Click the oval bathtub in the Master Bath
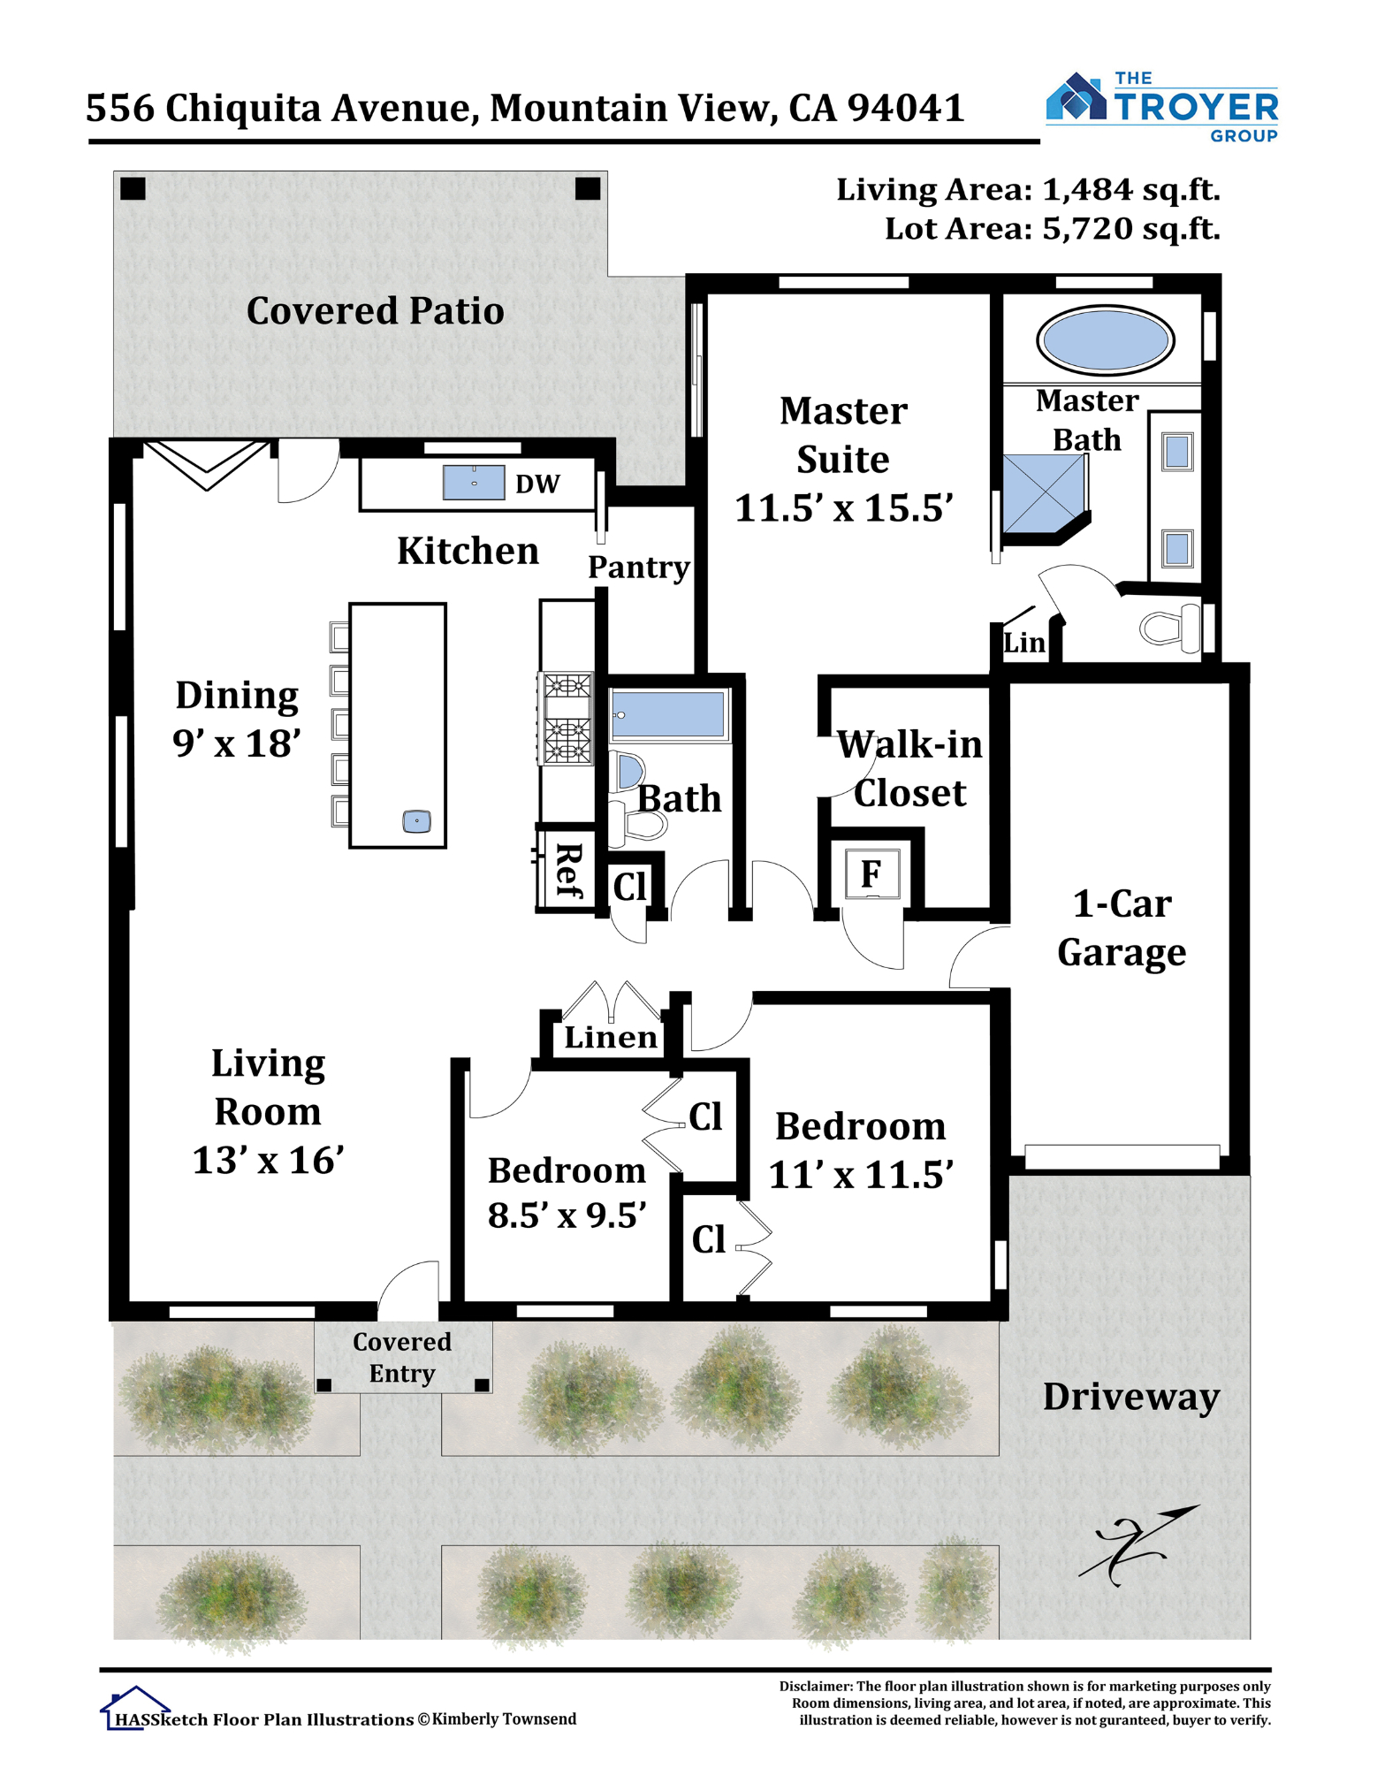coord(1105,340)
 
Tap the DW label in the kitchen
coord(537,484)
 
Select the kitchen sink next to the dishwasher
coord(474,483)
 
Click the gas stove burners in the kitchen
coord(567,720)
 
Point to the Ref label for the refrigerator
coord(568,872)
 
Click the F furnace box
coord(871,874)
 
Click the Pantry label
coord(638,568)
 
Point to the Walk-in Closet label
coord(909,769)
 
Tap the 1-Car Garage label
coord(1122,928)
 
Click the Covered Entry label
coord(402,1357)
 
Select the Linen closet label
coord(611,1037)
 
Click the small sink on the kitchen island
coord(416,821)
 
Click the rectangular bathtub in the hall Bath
coord(669,714)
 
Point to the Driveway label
coord(1130,1397)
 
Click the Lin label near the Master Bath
coord(1024,643)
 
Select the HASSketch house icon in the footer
coord(134,1707)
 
